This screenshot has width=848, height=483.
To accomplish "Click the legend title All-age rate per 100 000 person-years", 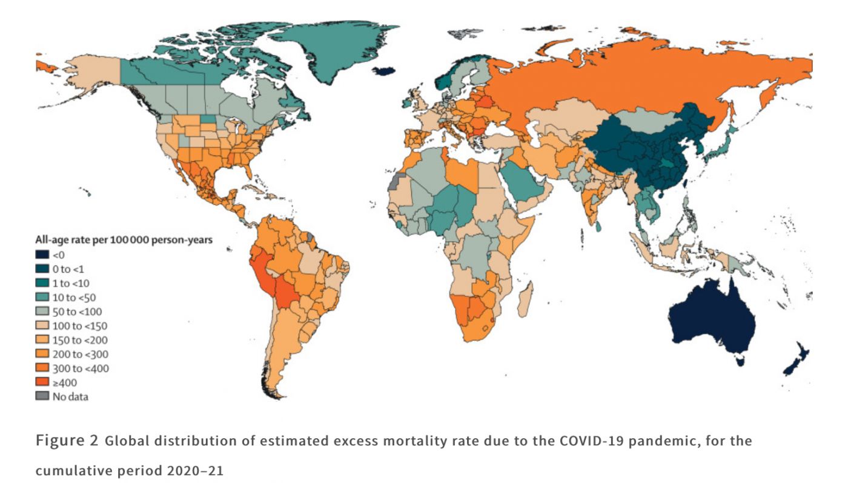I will pyautogui.click(x=127, y=241).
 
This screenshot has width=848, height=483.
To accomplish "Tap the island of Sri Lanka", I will pyautogui.click(x=597, y=226).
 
